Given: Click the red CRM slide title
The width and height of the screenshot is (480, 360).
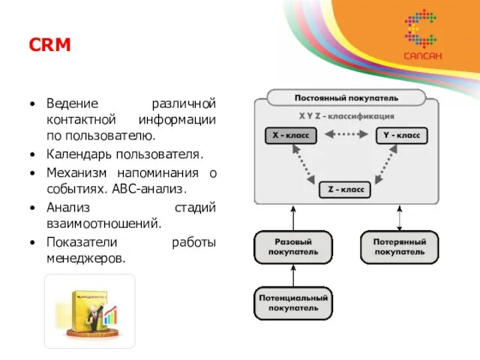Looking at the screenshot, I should [50, 45].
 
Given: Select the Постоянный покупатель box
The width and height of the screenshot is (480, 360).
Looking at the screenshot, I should [346, 97].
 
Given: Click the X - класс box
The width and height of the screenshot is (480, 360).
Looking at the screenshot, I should [291, 136].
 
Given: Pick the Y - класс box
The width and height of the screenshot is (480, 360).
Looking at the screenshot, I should [401, 136].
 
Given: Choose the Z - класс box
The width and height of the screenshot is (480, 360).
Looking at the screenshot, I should [346, 189].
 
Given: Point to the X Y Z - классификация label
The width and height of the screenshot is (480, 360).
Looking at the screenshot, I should [346, 116].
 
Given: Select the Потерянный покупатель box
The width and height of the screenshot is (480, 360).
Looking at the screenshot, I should [400, 247].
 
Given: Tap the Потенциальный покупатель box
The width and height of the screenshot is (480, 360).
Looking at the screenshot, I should [292, 302].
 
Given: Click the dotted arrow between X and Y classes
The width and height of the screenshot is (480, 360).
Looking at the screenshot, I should [346, 136].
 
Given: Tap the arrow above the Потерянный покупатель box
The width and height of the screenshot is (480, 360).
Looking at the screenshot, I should [400, 217].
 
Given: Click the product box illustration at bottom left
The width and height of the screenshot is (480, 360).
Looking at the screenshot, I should [89, 310].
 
